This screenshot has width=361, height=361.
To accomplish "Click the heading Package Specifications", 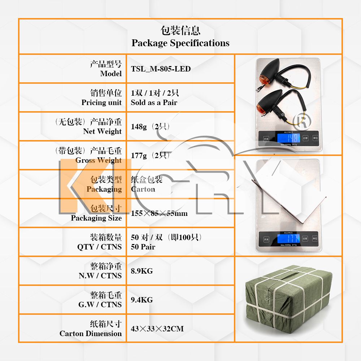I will click(x=180, y=43).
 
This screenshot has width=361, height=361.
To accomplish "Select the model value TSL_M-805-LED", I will click(x=161, y=69).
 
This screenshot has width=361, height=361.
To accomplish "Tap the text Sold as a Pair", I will click(x=154, y=103).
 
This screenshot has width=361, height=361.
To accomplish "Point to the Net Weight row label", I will click(x=103, y=131).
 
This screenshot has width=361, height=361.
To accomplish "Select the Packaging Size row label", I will click(x=96, y=218).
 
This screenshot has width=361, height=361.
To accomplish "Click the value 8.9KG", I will click(x=142, y=271).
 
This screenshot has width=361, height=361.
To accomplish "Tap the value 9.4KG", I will click(x=142, y=300).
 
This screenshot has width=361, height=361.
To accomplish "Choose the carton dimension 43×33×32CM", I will click(x=157, y=329).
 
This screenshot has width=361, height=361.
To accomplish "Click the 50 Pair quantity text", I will click(x=143, y=247).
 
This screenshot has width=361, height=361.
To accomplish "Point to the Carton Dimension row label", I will click(x=91, y=334).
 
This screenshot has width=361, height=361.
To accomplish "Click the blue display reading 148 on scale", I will click(x=289, y=138).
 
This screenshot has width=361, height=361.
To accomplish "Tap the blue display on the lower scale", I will click(x=289, y=238).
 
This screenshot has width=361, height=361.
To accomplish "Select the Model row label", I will click(x=111, y=74).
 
